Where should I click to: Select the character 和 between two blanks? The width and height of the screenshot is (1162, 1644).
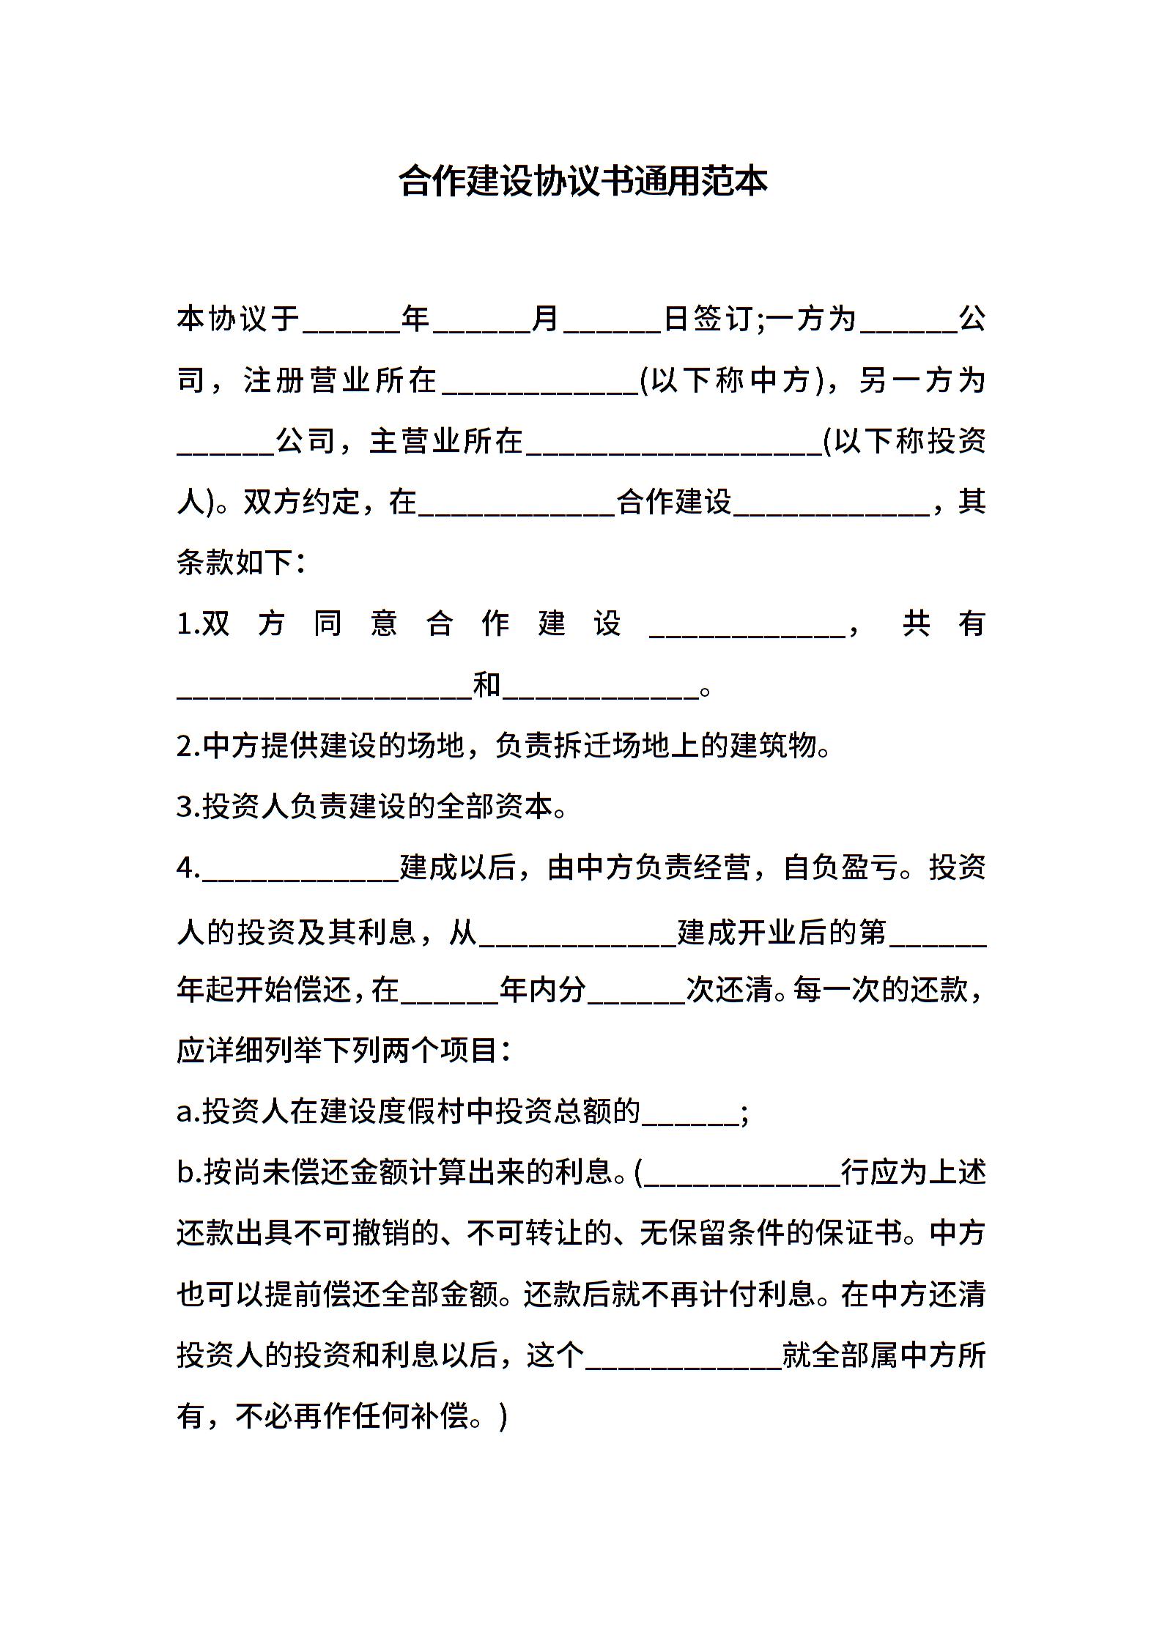coord(487,686)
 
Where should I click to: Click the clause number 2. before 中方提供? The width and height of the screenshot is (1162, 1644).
coord(188,747)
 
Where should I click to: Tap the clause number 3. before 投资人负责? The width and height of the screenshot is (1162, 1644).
coord(188,807)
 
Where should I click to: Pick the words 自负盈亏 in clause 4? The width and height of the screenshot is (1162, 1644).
coord(841,869)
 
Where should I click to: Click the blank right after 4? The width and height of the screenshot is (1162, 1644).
coord(300,872)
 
